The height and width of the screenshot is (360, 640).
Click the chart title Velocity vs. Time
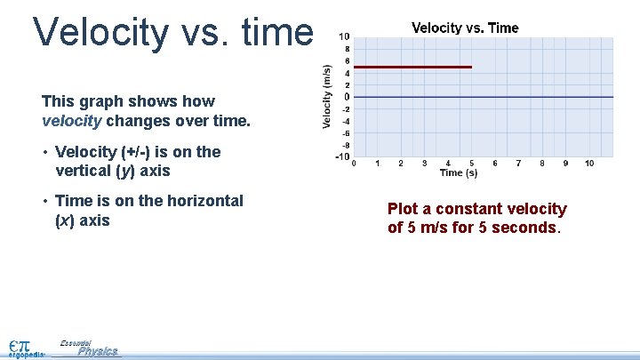[x=465, y=28]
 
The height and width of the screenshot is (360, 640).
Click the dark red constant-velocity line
[x=412, y=67]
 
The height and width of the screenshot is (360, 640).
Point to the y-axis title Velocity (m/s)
[x=327, y=96]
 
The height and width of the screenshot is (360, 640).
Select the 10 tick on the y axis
[x=344, y=36]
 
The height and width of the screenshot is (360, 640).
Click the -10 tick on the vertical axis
[x=341, y=157]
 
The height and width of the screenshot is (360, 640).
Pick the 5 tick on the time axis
[x=471, y=164]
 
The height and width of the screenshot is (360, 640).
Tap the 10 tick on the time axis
[x=589, y=164]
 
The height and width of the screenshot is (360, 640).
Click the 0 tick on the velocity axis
[x=347, y=97]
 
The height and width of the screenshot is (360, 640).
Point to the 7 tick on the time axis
[x=518, y=164]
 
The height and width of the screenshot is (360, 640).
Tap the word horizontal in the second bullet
[x=202, y=201]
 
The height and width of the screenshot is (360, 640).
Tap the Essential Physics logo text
[x=94, y=349]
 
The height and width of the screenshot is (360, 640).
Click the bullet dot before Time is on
[x=44, y=202]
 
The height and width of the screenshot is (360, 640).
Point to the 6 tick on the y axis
[x=347, y=60]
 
